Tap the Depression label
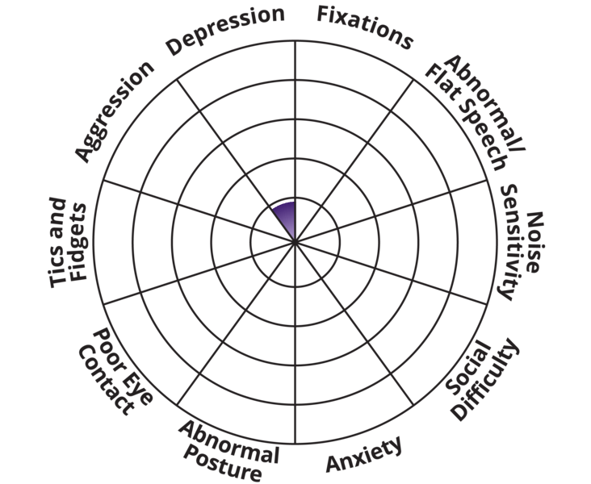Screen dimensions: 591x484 pyautogui.click(x=225, y=30)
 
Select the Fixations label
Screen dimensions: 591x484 pyautogui.click(x=365, y=27)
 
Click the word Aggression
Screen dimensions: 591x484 pyautogui.click(x=114, y=111)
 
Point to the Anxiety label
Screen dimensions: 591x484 pyautogui.click(x=364, y=454)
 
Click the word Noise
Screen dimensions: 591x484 pyautogui.click(x=534, y=242)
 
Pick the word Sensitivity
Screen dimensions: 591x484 pyautogui.click(x=513, y=242)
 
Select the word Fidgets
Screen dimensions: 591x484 pyautogui.click(x=78, y=242)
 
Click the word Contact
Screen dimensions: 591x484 pyautogui.click(x=107, y=380)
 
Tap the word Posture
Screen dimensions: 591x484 pyautogui.click(x=223, y=464)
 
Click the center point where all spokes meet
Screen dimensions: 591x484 pyautogui.click(x=295, y=241)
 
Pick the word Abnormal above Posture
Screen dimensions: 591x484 pyautogui.click(x=228, y=442)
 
